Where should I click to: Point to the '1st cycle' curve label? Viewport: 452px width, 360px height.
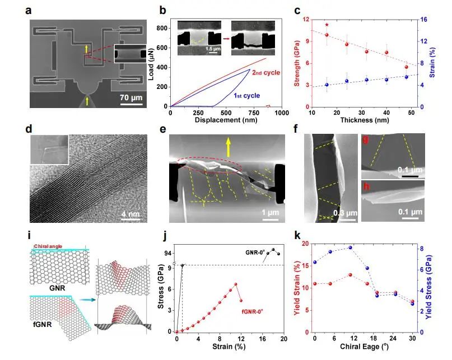pyautogui.click(x=245, y=96)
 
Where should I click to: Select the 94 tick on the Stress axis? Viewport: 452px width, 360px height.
pyautogui.click(x=167, y=253)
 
